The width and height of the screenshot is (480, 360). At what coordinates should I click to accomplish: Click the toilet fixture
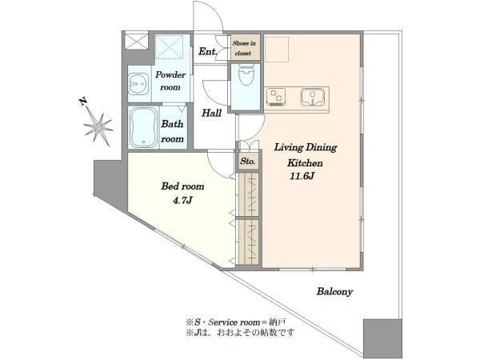click(246, 74)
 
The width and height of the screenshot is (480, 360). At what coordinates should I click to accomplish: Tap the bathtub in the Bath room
click(143, 127)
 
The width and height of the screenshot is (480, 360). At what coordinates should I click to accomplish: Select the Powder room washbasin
click(138, 84)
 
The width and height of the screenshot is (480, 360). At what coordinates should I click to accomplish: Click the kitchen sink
click(313, 97)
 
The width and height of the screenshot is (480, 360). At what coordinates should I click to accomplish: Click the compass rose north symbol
click(98, 126)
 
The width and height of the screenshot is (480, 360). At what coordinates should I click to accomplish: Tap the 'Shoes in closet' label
click(244, 48)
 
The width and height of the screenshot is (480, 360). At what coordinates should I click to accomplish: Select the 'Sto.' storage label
click(247, 161)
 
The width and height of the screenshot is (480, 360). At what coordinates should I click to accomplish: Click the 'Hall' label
click(211, 113)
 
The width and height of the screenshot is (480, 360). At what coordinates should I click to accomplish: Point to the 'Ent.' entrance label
click(207, 51)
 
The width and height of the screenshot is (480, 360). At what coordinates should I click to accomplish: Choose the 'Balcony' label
click(334, 291)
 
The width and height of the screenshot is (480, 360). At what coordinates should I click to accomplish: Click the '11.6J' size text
click(302, 176)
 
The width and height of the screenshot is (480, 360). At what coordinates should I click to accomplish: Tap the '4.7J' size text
click(182, 201)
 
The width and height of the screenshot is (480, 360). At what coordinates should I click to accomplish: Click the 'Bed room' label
click(182, 186)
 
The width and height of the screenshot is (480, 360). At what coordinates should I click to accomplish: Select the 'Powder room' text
click(170, 81)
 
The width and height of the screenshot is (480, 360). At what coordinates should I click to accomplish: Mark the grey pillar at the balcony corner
click(382, 338)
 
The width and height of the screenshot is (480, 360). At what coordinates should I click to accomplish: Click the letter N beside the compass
click(82, 102)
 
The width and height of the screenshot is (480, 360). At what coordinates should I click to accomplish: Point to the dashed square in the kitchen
click(277, 50)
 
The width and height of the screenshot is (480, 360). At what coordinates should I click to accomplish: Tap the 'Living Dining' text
click(306, 148)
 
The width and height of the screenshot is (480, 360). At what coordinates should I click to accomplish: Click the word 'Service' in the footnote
click(223, 322)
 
